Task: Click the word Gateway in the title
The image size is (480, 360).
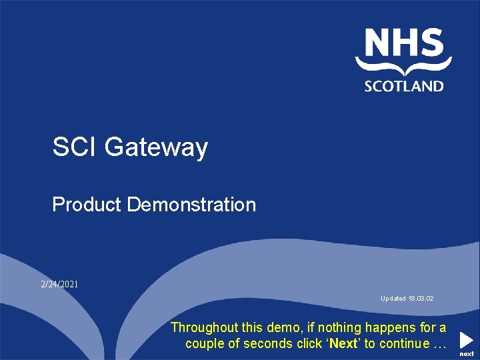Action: (156, 147)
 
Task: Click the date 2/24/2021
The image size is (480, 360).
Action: (59, 284)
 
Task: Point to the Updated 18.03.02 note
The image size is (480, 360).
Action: (407, 299)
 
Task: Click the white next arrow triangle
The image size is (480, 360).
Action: (466, 339)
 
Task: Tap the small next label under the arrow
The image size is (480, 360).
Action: (467, 354)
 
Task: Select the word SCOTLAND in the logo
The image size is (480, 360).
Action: (403, 85)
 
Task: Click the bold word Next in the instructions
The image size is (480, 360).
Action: (343, 344)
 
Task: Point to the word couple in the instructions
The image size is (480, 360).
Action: (206, 344)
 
